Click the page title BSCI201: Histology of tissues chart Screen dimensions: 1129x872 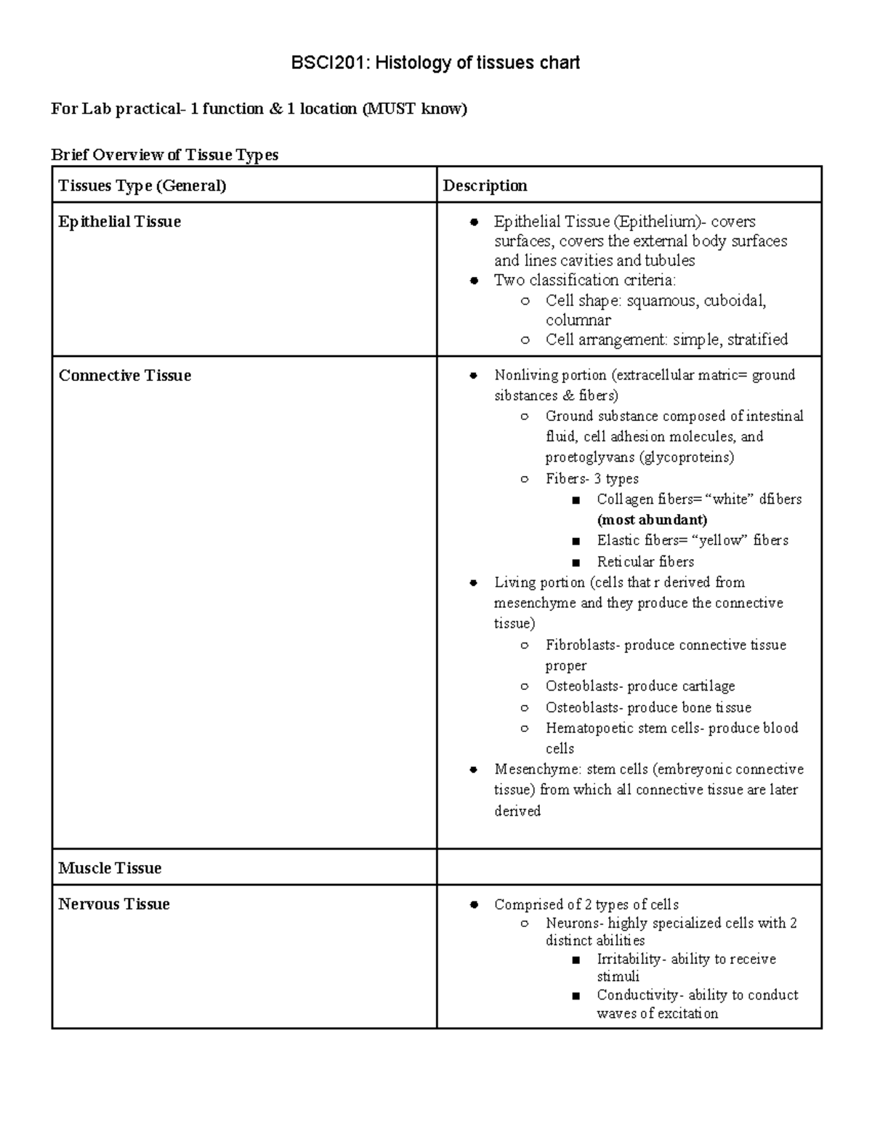click(x=435, y=63)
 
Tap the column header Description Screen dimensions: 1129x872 click(x=485, y=186)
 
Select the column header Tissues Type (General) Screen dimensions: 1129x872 click(x=142, y=186)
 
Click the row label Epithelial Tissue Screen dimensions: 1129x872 click(x=119, y=222)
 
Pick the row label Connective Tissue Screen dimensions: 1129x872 click(x=124, y=376)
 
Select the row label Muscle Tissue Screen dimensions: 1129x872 click(x=110, y=868)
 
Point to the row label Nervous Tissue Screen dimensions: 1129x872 click(x=114, y=904)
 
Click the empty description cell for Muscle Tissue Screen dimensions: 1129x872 click(x=629, y=867)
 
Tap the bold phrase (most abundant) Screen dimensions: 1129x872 click(x=652, y=520)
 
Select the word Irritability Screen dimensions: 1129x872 click(x=628, y=960)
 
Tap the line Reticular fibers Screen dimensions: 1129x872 click(x=645, y=562)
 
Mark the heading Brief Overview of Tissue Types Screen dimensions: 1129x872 click(x=164, y=155)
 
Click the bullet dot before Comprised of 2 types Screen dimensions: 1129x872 click(x=474, y=905)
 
